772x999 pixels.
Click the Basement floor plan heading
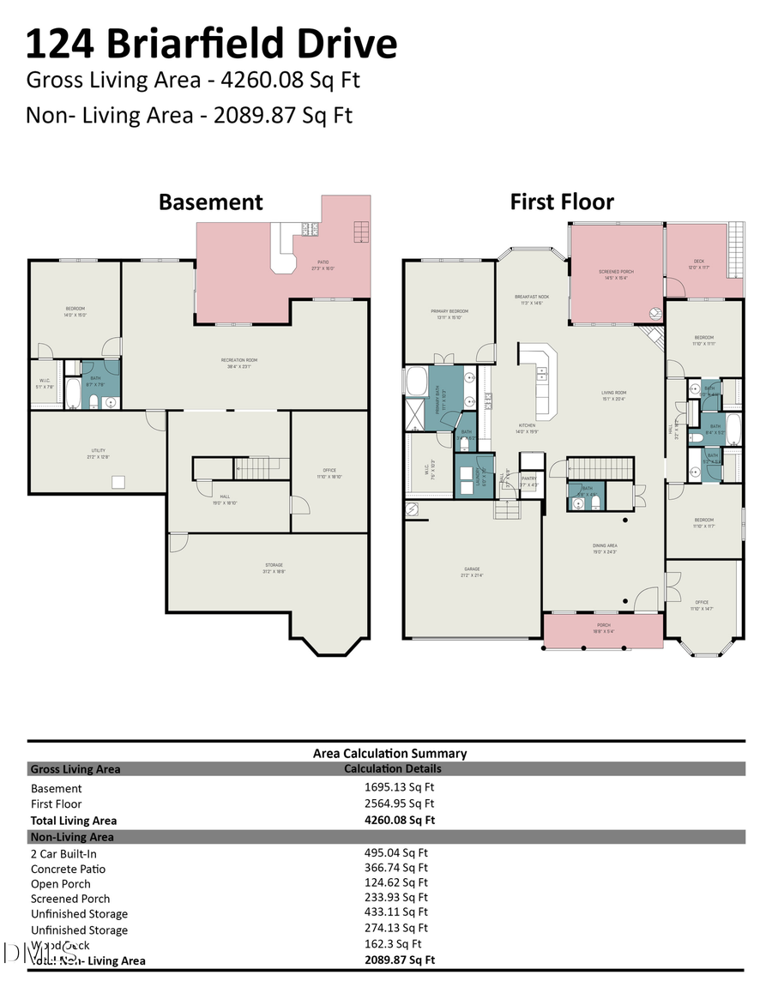tap(210, 202)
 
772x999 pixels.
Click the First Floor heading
tap(562, 202)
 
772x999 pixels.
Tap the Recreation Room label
tap(239, 362)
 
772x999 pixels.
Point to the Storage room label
tap(274, 567)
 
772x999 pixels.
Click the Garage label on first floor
tap(472, 570)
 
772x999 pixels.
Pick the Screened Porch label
tap(616, 274)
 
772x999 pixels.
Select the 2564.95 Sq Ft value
tap(400, 803)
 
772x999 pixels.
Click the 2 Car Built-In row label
tap(64, 853)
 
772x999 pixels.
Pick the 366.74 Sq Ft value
tap(396, 868)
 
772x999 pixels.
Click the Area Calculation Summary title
tap(389, 753)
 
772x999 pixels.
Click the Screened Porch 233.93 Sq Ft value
tap(396, 898)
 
